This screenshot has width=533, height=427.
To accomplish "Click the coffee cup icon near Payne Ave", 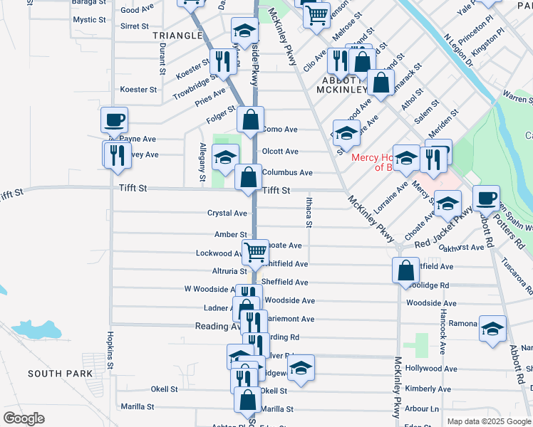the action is coord(114,120).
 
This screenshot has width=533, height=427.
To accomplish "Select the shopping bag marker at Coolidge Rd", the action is coord(405,270).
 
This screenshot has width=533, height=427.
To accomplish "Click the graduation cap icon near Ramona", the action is coord(492,328).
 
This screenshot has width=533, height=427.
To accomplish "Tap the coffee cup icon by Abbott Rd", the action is coord(486,198).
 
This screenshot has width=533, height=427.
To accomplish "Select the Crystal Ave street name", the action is coord(227,213).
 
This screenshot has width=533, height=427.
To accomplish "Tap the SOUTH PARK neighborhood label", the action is coord(61,374).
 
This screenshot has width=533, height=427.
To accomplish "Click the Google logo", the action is coord(24,418).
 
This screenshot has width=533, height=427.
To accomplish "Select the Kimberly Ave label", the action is coord(428,389).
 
